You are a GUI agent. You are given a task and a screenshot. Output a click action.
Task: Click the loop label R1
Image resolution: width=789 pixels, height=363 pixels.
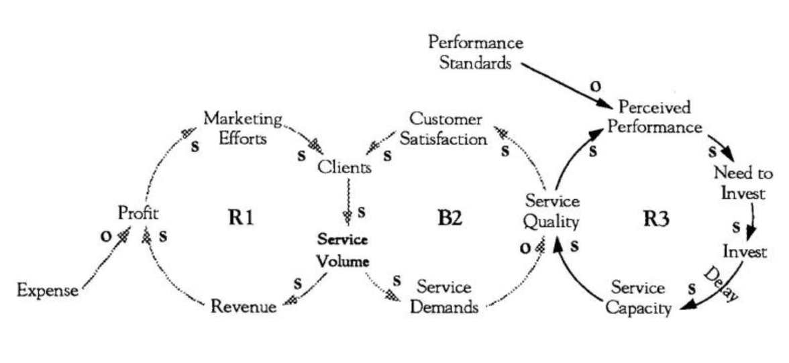pyautogui.click(x=240, y=218)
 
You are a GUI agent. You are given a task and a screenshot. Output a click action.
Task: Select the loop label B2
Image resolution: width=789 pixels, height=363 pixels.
pyautogui.click(x=445, y=218)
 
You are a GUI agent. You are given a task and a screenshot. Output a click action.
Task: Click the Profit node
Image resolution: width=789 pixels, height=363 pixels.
pyautogui.click(x=138, y=213)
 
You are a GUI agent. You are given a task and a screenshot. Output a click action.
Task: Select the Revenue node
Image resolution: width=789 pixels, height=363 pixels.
pyautogui.click(x=244, y=307)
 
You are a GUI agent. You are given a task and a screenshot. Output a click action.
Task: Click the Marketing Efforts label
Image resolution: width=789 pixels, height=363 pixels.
pyautogui.click(x=243, y=129)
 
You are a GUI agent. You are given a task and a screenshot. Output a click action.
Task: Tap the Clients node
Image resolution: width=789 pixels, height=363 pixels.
pyautogui.click(x=344, y=168)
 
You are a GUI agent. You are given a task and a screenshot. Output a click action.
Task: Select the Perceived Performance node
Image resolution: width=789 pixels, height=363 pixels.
pyautogui.click(x=655, y=117)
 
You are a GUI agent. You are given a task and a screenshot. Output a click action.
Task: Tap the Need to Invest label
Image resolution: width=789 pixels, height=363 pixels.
pyautogui.click(x=743, y=183)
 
